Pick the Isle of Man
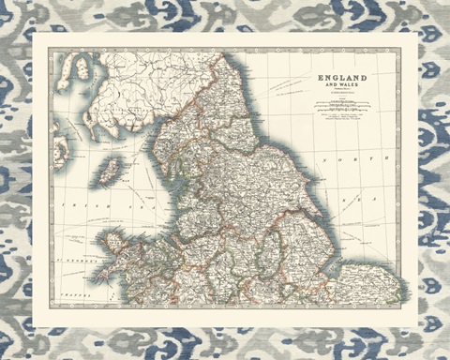(x=112, y=170)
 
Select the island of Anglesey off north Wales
(x=114, y=243)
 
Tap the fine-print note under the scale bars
(x=341, y=116)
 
